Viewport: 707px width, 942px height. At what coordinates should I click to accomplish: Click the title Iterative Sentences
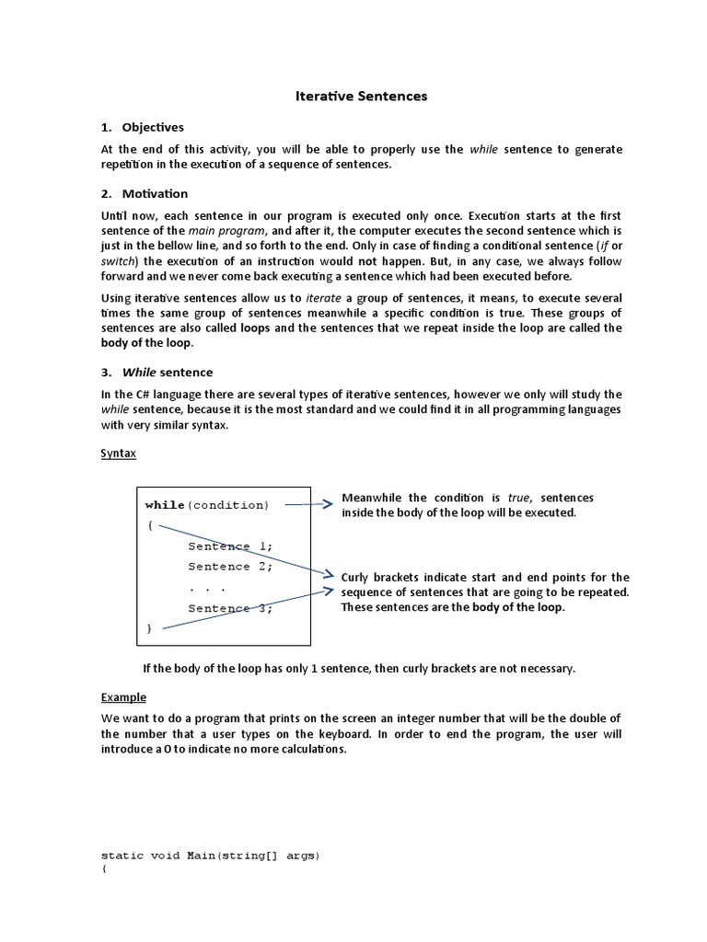pos(361,96)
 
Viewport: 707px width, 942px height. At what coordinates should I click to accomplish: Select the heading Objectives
pos(153,127)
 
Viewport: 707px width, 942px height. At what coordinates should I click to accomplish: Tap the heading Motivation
pos(155,193)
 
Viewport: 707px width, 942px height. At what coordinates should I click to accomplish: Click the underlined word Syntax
pos(118,454)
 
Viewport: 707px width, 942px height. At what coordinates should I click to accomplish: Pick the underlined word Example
pos(123,697)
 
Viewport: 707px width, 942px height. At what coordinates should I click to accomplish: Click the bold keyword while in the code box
pos(166,505)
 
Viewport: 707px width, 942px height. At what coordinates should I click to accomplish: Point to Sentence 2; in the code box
pos(230,567)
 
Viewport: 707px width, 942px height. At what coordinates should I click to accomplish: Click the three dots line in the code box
pos(207,587)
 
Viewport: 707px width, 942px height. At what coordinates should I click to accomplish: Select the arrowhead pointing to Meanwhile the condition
pos(328,504)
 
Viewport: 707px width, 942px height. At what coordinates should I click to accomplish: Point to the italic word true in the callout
pos(520,498)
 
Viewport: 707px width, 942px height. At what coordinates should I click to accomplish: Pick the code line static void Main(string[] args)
pos(210,856)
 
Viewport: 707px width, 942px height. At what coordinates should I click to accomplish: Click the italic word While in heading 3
pos(140,373)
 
